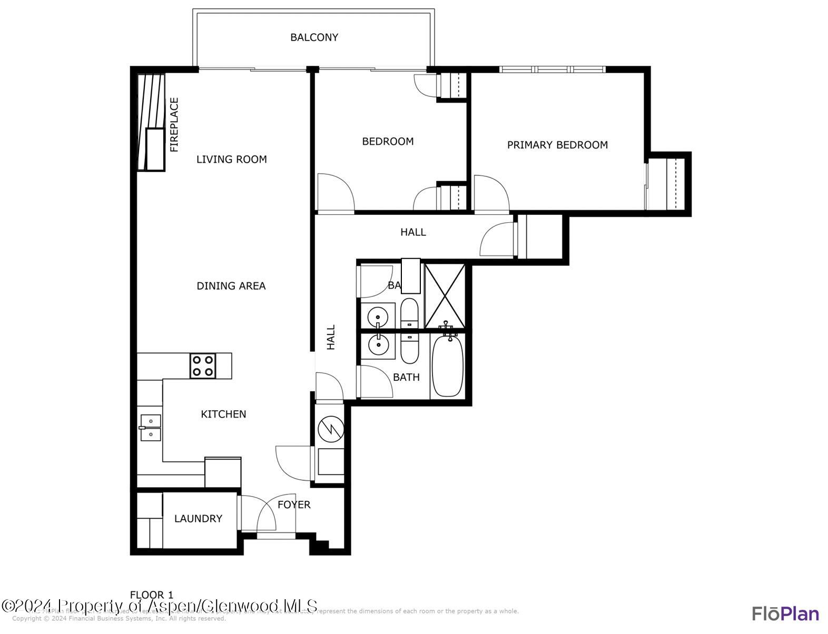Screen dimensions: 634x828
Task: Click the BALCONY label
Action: click(x=314, y=37)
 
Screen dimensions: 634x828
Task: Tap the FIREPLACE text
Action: click(x=174, y=125)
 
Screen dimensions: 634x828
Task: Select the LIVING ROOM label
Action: click(x=231, y=159)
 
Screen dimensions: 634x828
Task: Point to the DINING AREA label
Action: click(x=231, y=286)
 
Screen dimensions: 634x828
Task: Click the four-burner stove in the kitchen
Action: click(x=203, y=366)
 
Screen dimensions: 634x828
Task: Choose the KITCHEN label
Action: click(x=223, y=414)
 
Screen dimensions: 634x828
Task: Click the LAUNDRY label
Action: click(x=198, y=519)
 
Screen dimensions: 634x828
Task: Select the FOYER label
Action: click(x=294, y=504)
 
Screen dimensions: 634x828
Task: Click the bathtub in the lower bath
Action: click(x=448, y=366)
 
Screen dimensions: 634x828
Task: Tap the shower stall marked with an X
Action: click(x=445, y=296)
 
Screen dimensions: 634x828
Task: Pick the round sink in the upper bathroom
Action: click(x=378, y=317)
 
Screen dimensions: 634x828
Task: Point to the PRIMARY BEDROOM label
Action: click(x=557, y=145)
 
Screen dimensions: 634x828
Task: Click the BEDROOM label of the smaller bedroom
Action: click(x=388, y=141)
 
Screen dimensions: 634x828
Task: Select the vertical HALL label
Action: click(x=331, y=337)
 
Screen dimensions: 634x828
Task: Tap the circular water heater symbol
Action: click(x=331, y=429)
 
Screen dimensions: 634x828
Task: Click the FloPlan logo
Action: click(x=785, y=614)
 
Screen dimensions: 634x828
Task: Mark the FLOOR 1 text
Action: click(x=152, y=595)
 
